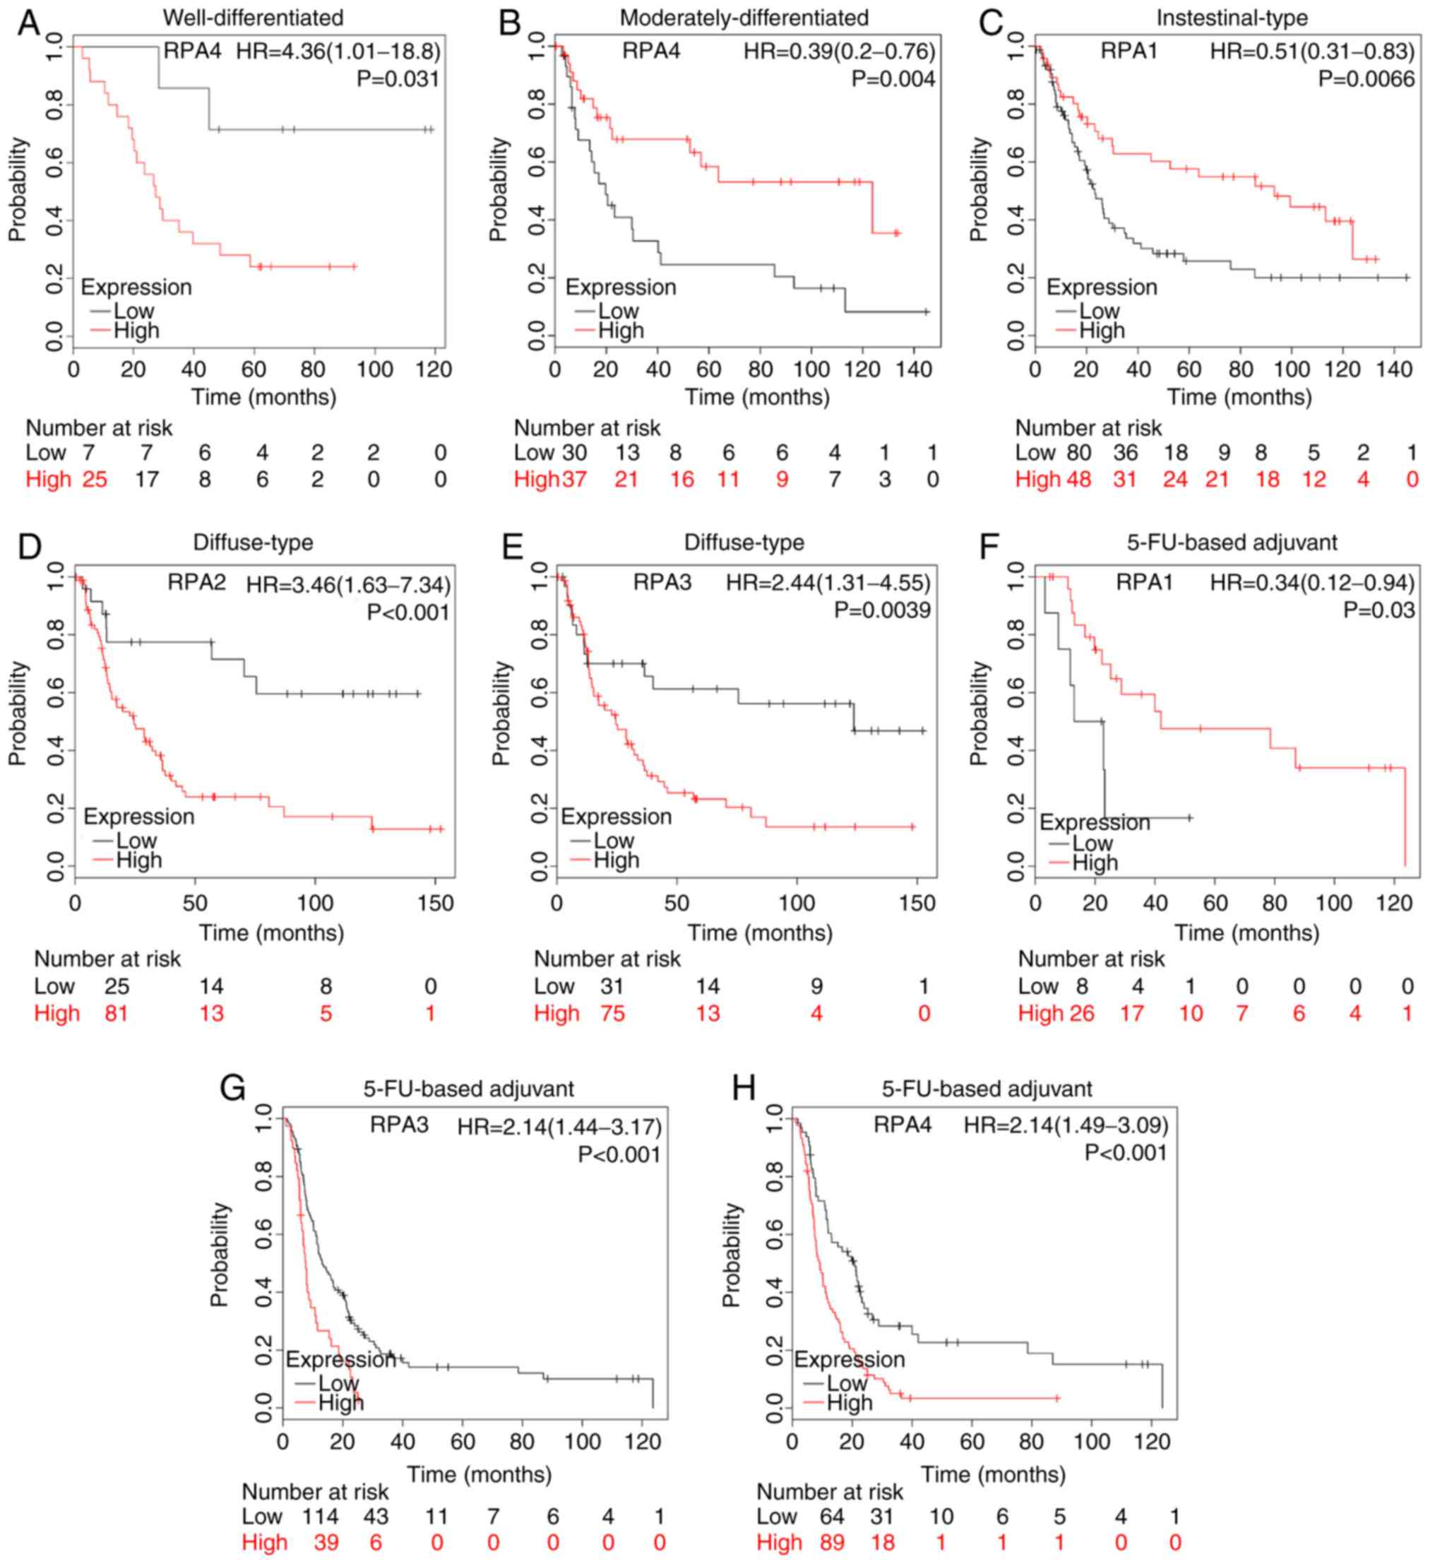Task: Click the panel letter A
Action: pos(28,22)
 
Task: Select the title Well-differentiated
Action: pos(253,17)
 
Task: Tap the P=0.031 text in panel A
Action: pos(398,79)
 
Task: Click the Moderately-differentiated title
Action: pos(744,17)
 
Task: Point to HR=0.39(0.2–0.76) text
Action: pos(840,52)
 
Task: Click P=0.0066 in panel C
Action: pos(1366,79)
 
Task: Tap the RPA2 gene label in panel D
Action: pos(196,581)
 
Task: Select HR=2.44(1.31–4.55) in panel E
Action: pos(828,582)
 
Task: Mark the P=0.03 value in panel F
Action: pos(1379,610)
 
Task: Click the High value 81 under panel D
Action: pos(117,1014)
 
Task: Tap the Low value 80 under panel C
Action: pos(1078,453)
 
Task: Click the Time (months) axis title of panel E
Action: pos(759,932)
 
